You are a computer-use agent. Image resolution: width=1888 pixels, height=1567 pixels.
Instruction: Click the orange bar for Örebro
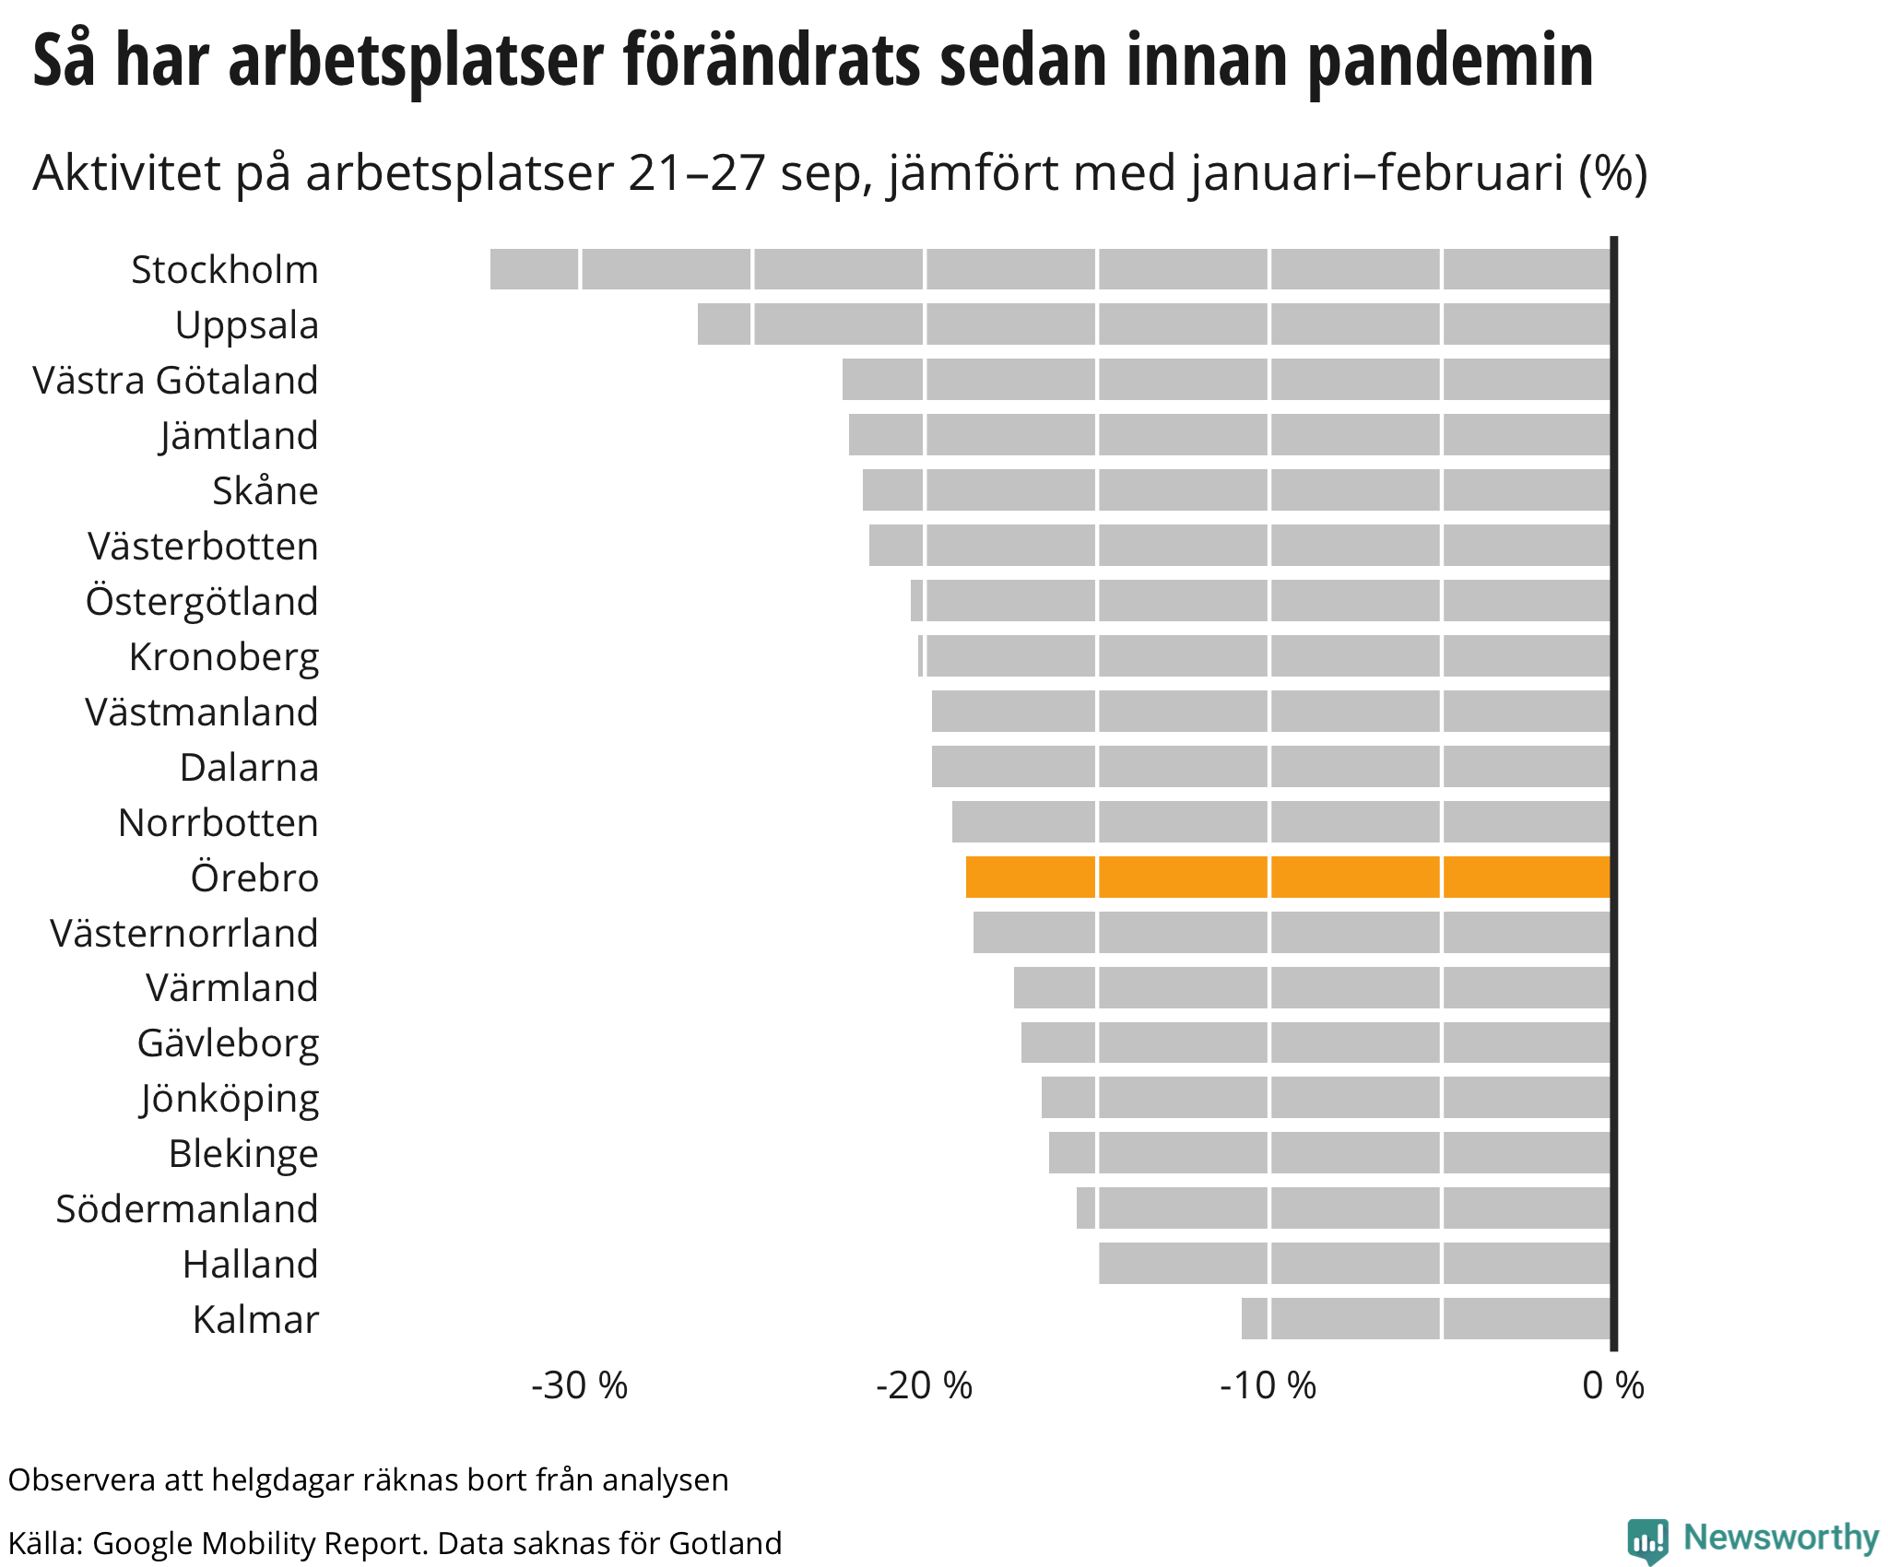(1288, 877)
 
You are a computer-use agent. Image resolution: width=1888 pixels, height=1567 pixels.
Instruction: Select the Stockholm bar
(1050, 269)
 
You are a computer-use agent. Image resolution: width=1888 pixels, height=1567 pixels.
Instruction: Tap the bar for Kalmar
(1426, 1318)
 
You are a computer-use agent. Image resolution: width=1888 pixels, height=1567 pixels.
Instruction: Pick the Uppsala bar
(1153, 324)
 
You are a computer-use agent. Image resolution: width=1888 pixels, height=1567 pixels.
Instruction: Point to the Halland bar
(1354, 1263)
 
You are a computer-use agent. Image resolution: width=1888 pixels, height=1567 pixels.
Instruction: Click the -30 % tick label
(579, 1385)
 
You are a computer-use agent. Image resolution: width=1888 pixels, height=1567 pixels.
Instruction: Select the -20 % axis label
(924, 1385)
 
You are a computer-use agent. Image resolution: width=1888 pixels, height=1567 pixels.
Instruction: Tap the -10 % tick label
(1268, 1385)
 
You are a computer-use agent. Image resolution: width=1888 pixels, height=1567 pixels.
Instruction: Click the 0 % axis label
(1613, 1385)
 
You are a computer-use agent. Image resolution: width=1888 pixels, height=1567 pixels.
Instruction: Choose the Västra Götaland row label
(175, 380)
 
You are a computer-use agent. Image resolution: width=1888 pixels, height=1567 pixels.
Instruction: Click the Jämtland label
(239, 435)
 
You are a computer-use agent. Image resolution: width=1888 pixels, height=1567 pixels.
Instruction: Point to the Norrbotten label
(218, 822)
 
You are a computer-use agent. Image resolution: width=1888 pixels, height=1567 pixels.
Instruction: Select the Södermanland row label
(187, 1208)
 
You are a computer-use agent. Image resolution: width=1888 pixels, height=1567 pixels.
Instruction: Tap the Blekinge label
(243, 1153)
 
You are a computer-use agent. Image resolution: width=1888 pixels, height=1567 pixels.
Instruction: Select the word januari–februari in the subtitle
(1377, 172)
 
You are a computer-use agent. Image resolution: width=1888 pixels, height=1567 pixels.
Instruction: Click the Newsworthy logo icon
(1647, 1540)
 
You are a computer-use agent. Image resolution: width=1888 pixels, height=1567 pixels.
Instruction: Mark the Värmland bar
(1312, 987)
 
